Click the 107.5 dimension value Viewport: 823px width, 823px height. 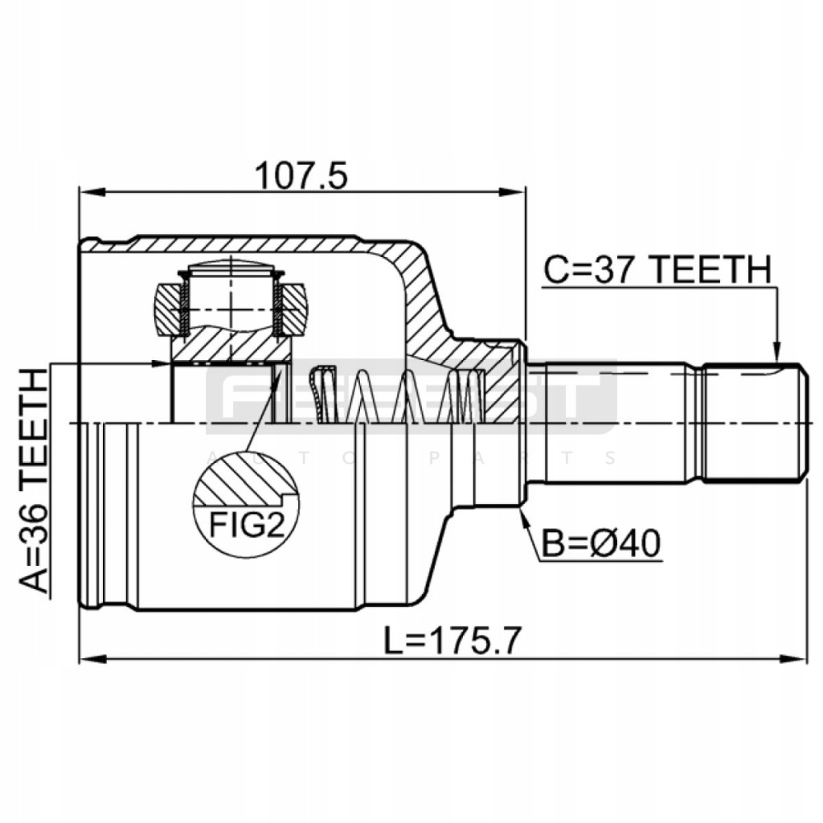301,176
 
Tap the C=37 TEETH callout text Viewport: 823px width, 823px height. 657,269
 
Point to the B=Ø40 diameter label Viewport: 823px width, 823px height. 600,544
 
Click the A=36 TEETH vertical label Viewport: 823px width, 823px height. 33,481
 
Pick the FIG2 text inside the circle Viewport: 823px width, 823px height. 246,525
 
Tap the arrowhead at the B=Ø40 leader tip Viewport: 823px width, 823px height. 522,515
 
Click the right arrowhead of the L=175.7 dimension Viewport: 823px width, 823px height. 794,659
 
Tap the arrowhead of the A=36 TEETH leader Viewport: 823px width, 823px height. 160,363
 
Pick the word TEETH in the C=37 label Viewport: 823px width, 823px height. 713,269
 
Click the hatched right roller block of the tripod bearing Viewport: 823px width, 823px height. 293,309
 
